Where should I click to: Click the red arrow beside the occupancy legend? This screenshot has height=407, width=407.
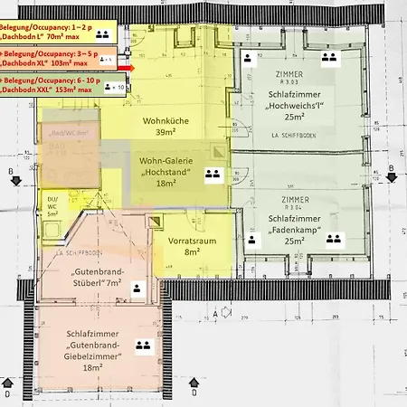click(x=131, y=67)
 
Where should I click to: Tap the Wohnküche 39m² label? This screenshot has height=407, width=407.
click(x=164, y=127)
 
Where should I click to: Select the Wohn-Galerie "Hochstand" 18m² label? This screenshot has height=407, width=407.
click(x=169, y=171)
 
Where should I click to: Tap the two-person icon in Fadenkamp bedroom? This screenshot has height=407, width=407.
click(x=333, y=240)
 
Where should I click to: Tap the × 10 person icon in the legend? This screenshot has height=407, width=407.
click(x=115, y=87)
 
